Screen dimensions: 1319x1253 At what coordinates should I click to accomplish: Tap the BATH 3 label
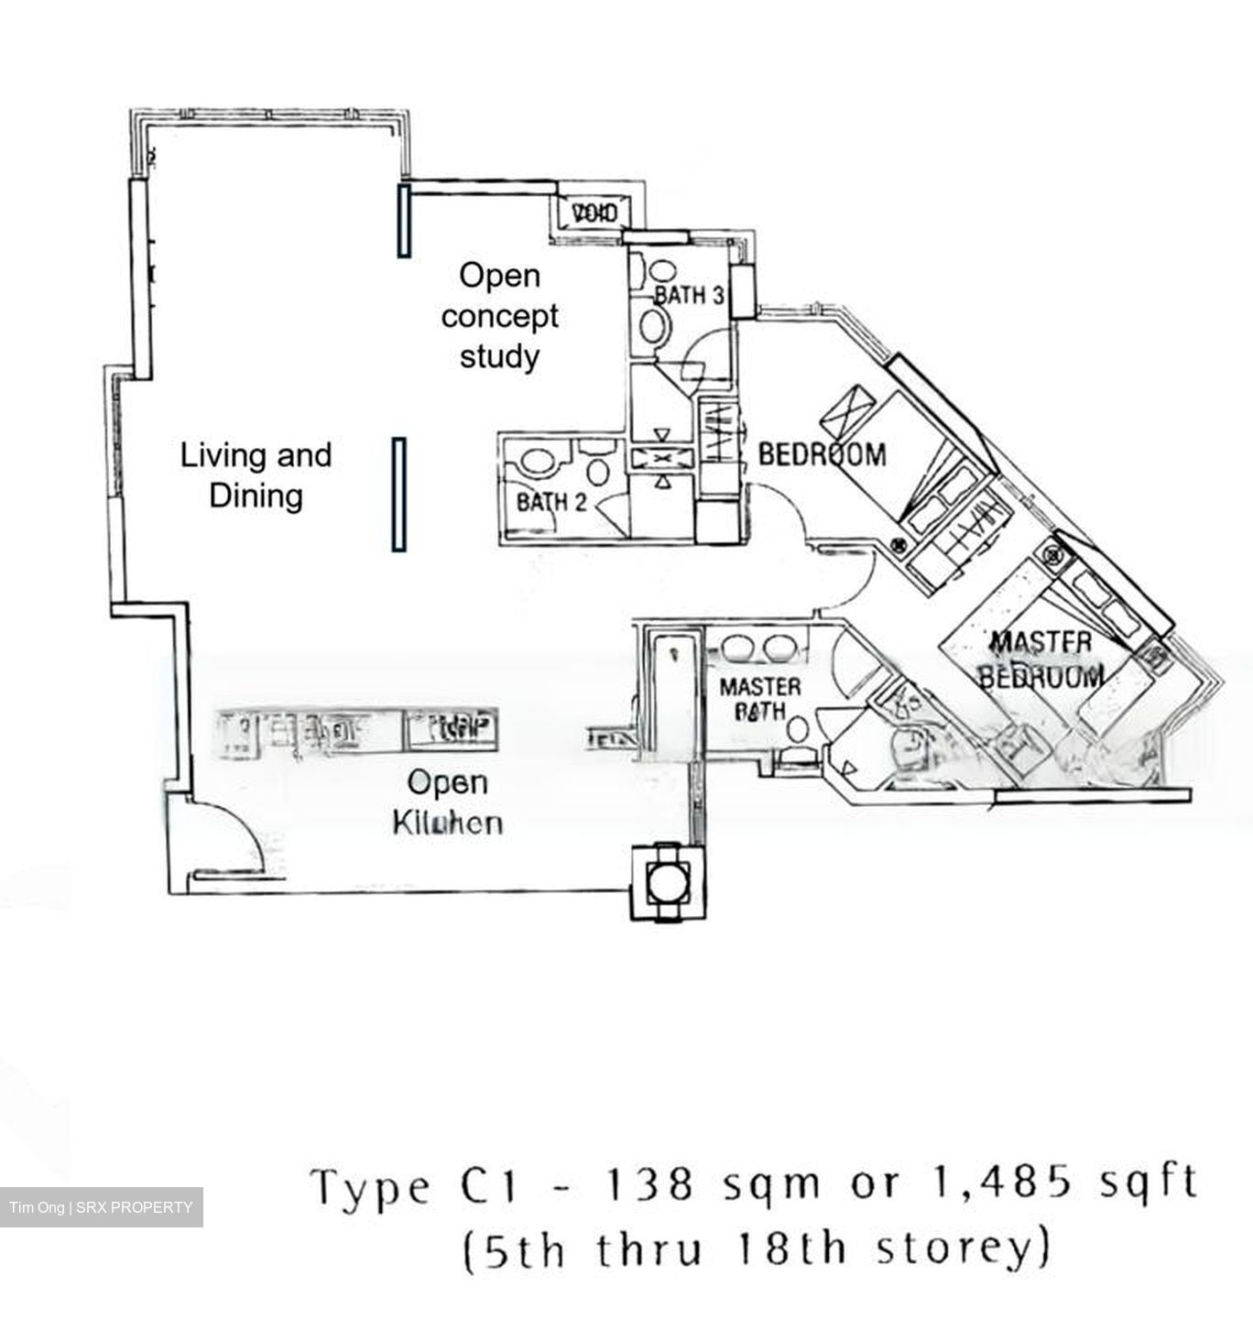pyautogui.click(x=690, y=295)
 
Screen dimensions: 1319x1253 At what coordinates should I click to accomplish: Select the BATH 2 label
pyautogui.click(x=551, y=501)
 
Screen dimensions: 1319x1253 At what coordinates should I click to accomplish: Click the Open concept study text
pyautogui.click(x=499, y=315)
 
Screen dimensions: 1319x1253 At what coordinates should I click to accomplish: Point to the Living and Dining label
pyautogui.click(x=256, y=474)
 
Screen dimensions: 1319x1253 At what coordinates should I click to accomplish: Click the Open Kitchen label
pyautogui.click(x=447, y=802)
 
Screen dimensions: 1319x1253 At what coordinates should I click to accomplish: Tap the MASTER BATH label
pyautogui.click(x=759, y=698)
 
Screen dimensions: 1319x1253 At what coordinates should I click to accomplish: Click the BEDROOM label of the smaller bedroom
pyautogui.click(x=822, y=453)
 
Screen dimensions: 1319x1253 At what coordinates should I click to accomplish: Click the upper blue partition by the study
pyautogui.click(x=402, y=220)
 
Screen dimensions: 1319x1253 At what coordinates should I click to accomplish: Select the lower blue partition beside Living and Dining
pyautogui.click(x=398, y=495)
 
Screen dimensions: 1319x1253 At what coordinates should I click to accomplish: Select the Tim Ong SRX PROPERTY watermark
pyautogui.click(x=101, y=1207)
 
